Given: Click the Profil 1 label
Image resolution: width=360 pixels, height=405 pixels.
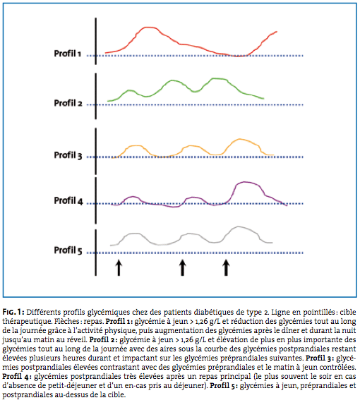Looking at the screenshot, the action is (68, 54).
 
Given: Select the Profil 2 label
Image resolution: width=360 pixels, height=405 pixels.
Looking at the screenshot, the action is (68, 103).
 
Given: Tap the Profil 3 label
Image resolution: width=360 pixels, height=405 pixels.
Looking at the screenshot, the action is (68, 155).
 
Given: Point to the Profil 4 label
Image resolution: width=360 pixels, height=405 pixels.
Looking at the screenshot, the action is (68, 200).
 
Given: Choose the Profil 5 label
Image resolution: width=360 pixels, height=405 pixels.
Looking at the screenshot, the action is (68, 250).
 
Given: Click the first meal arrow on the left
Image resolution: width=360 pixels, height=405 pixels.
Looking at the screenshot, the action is (119, 268).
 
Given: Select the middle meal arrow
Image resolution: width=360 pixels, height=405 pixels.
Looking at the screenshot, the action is (183, 268).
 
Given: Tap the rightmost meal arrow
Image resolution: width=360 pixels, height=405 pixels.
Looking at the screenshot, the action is (226, 268).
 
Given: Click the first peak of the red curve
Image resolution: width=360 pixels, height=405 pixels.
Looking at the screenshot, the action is (148, 28).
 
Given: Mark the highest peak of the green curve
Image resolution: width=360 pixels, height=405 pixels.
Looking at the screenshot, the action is (218, 78).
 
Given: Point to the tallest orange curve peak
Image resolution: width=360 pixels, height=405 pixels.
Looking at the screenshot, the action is (240, 140).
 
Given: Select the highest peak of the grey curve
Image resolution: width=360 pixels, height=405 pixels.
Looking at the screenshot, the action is (239, 227).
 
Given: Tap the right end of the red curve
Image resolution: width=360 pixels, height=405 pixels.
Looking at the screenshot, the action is (277, 32).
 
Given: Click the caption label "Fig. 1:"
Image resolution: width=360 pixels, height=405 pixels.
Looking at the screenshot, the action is (13, 312).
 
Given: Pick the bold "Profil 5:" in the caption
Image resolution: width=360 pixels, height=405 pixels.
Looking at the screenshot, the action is (224, 386).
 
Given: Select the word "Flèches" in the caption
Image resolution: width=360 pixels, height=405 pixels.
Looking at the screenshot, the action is (66, 321).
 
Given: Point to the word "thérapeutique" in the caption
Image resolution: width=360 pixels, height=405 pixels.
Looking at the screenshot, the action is (27, 322).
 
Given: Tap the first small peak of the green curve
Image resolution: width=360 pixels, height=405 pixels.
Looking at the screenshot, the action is (129, 90).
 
